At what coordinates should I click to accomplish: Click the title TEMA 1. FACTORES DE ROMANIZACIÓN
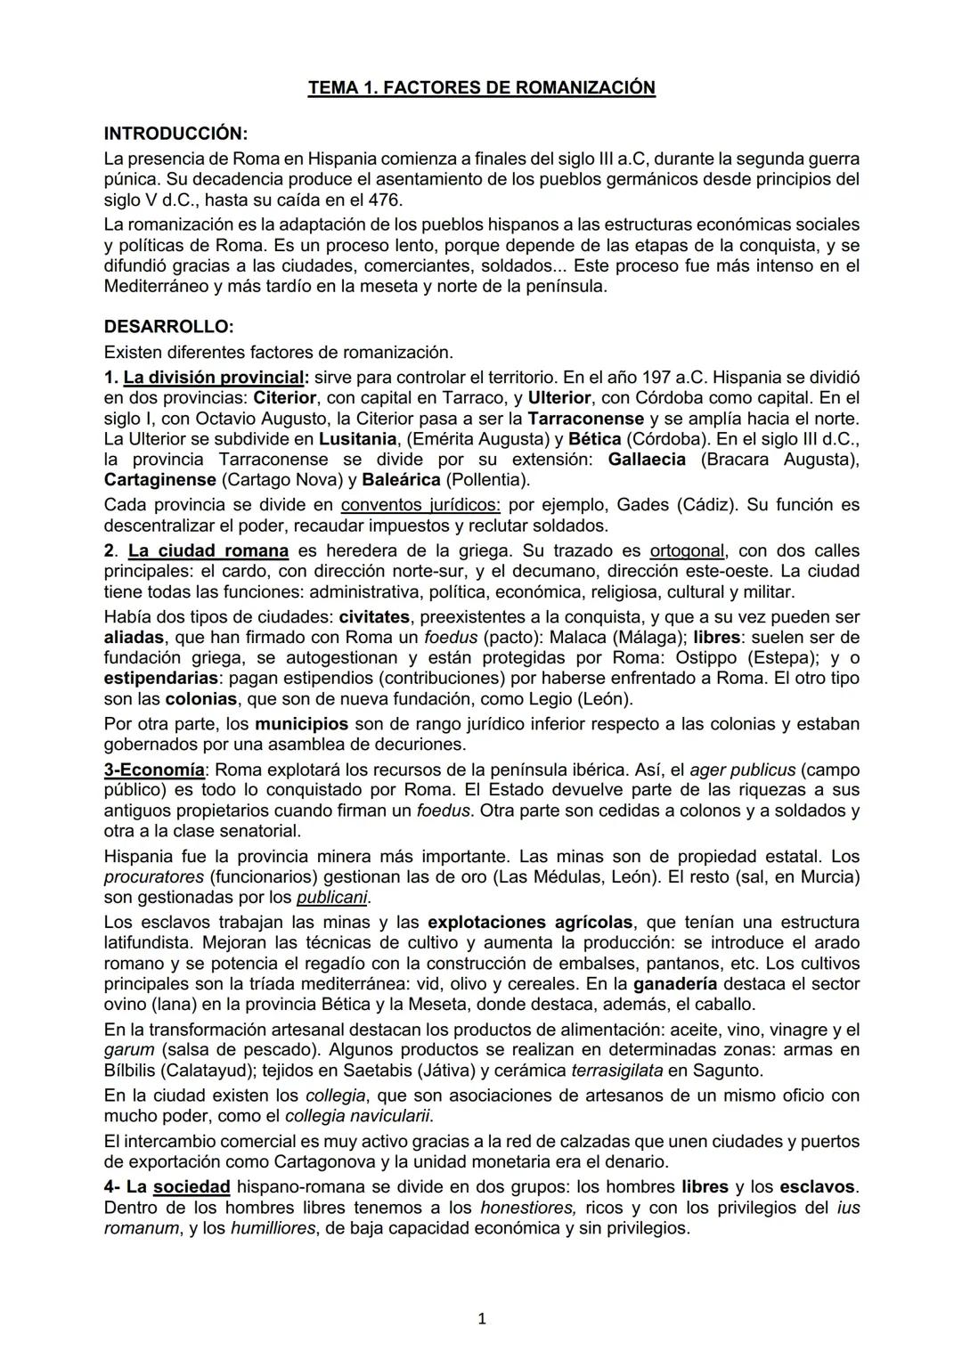pyautogui.click(x=481, y=87)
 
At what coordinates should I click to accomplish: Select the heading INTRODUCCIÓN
pyautogui.click(x=175, y=134)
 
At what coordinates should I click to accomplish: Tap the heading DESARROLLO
pyautogui.click(x=168, y=327)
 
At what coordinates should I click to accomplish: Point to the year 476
pyautogui.click(x=386, y=200)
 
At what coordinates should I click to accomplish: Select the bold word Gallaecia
pyautogui.click(x=647, y=460)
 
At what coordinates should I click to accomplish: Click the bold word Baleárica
pyautogui.click(x=401, y=480)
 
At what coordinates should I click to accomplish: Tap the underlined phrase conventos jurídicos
pyautogui.click(x=420, y=505)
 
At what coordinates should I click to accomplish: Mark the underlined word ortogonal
pyautogui.click(x=687, y=550)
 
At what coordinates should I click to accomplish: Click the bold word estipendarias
pyautogui.click(x=161, y=678)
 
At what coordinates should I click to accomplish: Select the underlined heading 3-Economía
pyautogui.click(x=154, y=770)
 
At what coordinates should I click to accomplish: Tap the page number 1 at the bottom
pyautogui.click(x=482, y=1319)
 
